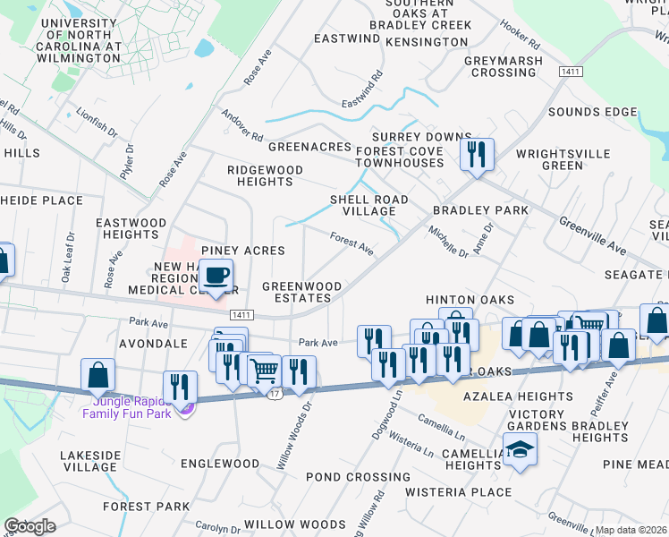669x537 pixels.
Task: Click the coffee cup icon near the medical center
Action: coord(216,275)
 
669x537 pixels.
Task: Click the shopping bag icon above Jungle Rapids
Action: coord(98,375)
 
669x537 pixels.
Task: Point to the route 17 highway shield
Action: coord(276,394)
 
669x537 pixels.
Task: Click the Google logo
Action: coord(30,525)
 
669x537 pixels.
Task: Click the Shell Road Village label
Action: coord(369,205)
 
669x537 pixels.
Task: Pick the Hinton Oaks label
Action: coord(470,300)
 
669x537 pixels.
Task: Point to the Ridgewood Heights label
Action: coord(265,175)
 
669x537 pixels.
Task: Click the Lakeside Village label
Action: coord(90,461)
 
